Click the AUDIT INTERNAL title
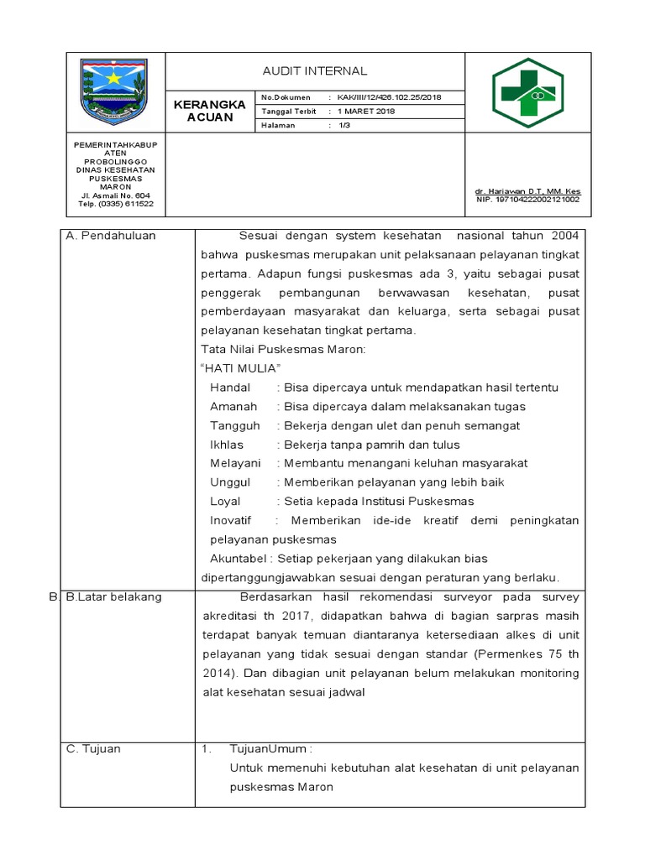(x=315, y=71)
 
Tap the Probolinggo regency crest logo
(x=113, y=91)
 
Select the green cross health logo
(x=527, y=92)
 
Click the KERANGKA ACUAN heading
(x=210, y=111)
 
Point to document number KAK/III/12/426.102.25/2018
(x=389, y=97)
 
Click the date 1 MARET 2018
(x=366, y=111)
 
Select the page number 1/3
(x=344, y=125)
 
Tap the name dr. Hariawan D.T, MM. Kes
(x=527, y=191)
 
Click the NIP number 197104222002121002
(x=527, y=200)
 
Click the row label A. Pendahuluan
(x=111, y=236)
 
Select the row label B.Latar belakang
(x=113, y=597)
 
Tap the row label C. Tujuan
(x=93, y=749)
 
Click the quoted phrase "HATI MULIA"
(x=241, y=369)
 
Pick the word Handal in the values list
(x=230, y=388)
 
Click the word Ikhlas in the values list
(x=227, y=445)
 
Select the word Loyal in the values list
(x=225, y=502)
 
